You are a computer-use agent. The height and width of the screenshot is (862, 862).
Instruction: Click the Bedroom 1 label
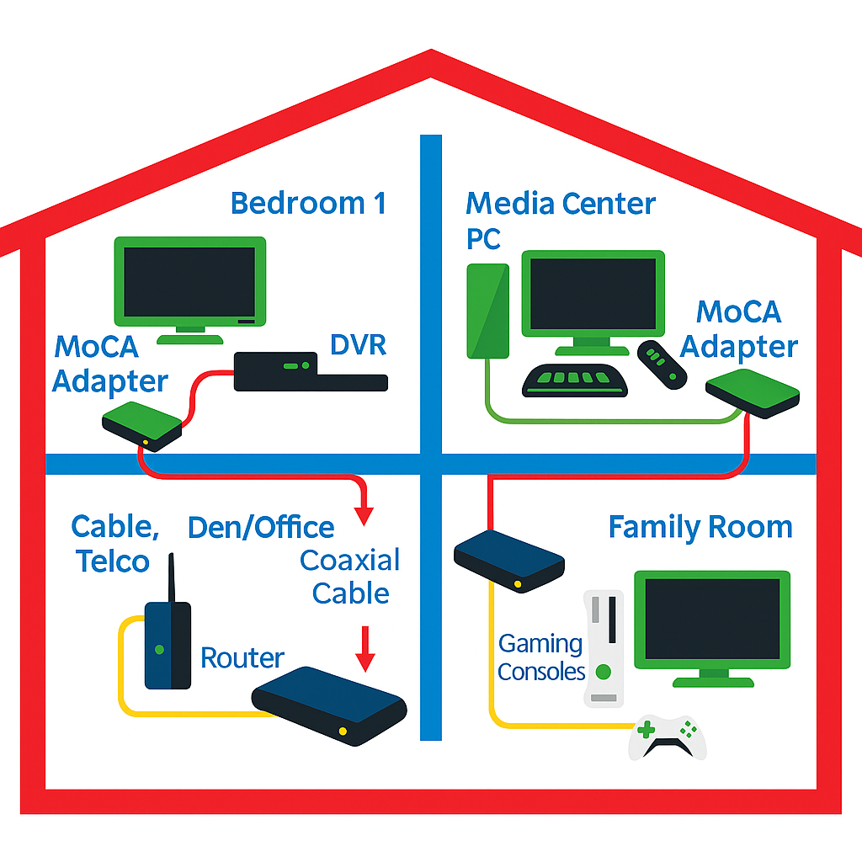coord(308,204)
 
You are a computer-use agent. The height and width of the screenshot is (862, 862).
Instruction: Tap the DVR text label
coord(358,344)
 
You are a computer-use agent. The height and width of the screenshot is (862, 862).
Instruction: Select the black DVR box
coord(311,372)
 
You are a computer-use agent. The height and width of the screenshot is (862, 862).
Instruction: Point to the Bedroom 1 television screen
coord(189,282)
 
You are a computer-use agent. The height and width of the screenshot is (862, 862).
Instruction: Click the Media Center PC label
coord(560,221)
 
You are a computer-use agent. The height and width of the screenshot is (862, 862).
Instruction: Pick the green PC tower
coord(487,311)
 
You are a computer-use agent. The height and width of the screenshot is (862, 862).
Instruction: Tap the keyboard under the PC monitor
coord(574,380)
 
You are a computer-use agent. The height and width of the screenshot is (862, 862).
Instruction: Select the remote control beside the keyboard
coord(662,365)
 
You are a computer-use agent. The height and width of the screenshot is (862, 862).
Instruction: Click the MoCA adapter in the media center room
coord(752,394)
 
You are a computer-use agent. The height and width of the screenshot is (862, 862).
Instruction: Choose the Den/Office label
coord(261,528)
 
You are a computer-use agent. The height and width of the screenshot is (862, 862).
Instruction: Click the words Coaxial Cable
coord(350,577)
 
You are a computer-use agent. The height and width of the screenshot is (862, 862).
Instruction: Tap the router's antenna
coord(171,577)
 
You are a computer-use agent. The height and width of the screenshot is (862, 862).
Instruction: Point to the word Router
coord(242,657)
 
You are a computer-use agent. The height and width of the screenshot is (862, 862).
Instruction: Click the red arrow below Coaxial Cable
coord(364,649)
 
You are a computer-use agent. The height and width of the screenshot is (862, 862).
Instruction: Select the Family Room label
coord(700,527)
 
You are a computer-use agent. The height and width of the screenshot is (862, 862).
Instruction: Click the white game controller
coord(668,738)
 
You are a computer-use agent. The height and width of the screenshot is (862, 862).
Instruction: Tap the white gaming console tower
coord(604,649)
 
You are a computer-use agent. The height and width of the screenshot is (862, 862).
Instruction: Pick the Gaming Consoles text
coord(541,657)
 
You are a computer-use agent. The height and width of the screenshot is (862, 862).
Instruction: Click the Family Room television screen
coord(712,619)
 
